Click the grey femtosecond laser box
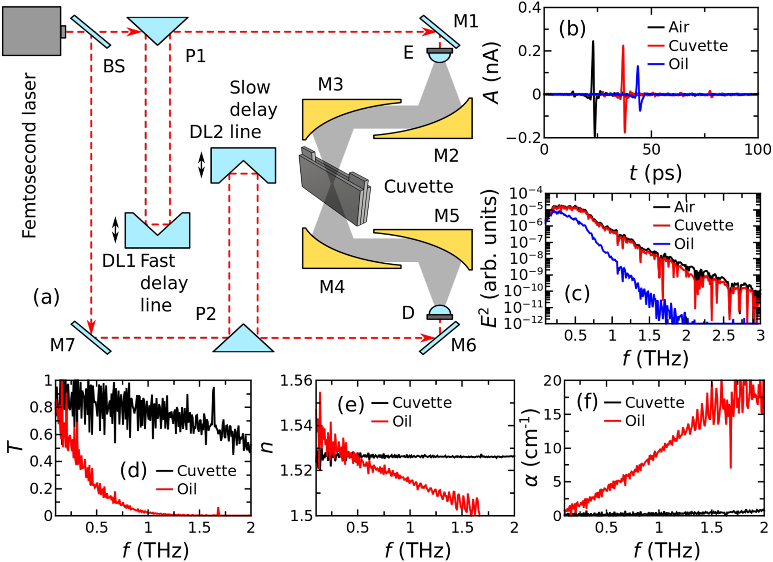(32, 31)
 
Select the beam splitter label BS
(114, 66)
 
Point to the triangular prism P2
(243, 340)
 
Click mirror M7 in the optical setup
(91, 338)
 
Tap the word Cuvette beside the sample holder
(419, 187)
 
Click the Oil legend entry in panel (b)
(668, 64)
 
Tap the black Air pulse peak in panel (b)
(593, 41)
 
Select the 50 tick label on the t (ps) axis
(651, 150)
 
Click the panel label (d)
(133, 470)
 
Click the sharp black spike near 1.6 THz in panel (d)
(213, 388)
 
